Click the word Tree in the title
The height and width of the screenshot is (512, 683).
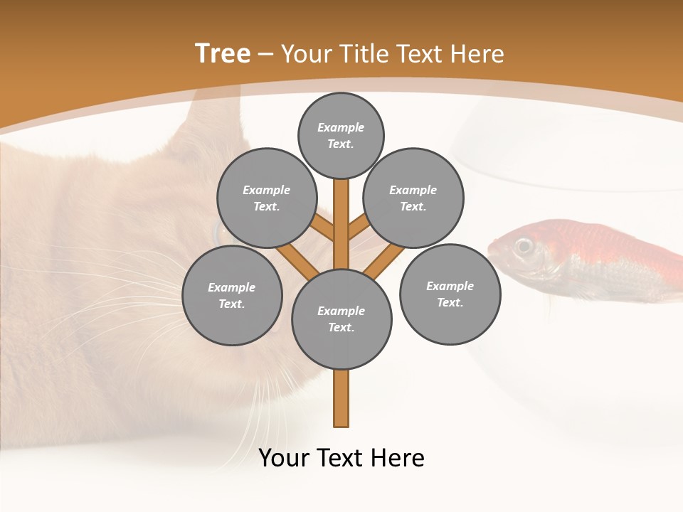(x=223, y=53)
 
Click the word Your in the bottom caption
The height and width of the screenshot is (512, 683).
(x=285, y=458)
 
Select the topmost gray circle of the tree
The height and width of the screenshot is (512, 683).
(x=341, y=135)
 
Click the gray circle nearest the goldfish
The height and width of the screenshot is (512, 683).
(x=450, y=294)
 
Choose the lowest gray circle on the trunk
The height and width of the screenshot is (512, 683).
(x=341, y=319)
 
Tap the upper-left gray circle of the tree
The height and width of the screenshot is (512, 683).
(x=266, y=198)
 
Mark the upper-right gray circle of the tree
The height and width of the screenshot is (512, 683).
(x=413, y=198)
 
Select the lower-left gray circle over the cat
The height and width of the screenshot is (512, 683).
(x=232, y=296)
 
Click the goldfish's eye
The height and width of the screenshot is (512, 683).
(x=524, y=246)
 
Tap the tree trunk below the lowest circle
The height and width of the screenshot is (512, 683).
(x=341, y=398)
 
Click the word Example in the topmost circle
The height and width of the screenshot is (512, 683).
(x=341, y=127)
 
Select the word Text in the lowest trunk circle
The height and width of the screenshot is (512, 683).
(x=341, y=328)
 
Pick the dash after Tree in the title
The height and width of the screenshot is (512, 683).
(x=265, y=54)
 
